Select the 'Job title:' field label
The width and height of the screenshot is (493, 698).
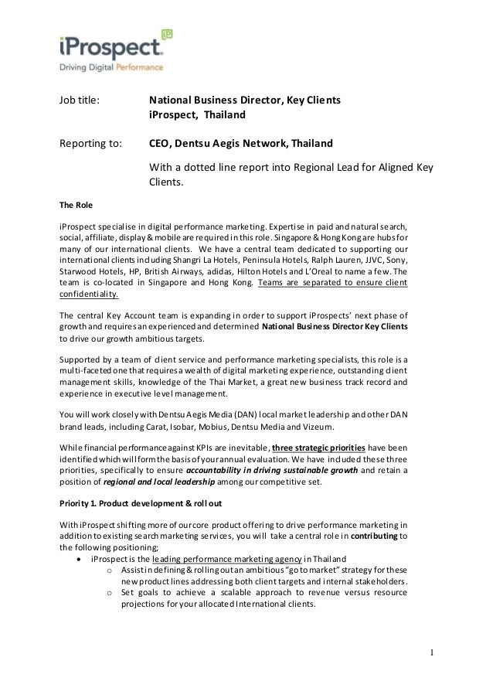coord(80,100)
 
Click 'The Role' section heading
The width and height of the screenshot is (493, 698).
coord(75,206)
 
